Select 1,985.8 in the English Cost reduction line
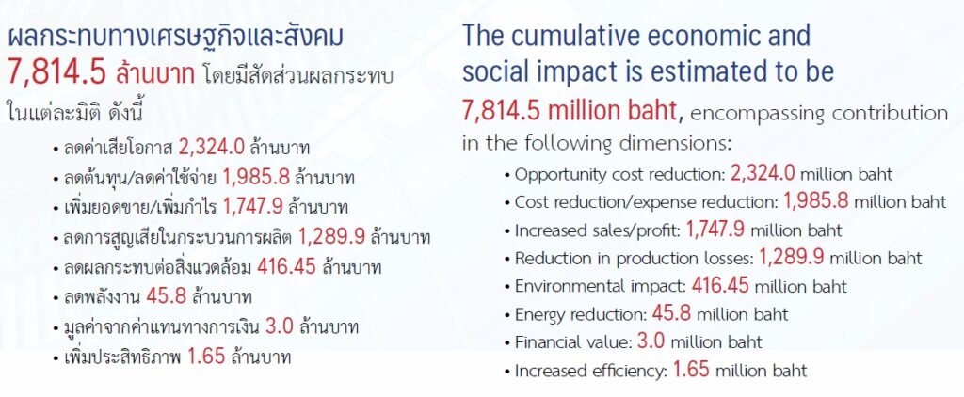tap(816, 201)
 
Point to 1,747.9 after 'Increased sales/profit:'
tap(715, 230)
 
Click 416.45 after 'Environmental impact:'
tap(720, 285)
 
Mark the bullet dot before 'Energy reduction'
tap(507, 316)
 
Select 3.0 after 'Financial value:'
tap(651, 341)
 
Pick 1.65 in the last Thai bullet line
tap(206, 357)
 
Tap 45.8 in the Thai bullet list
tap(166, 296)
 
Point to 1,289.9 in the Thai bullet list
tap(332, 237)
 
